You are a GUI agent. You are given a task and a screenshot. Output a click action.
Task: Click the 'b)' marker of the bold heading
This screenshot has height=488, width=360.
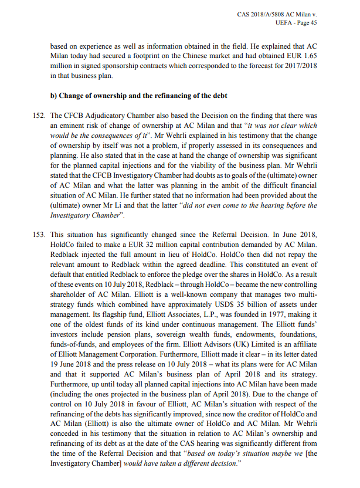pyautogui.click(x=53, y=94)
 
